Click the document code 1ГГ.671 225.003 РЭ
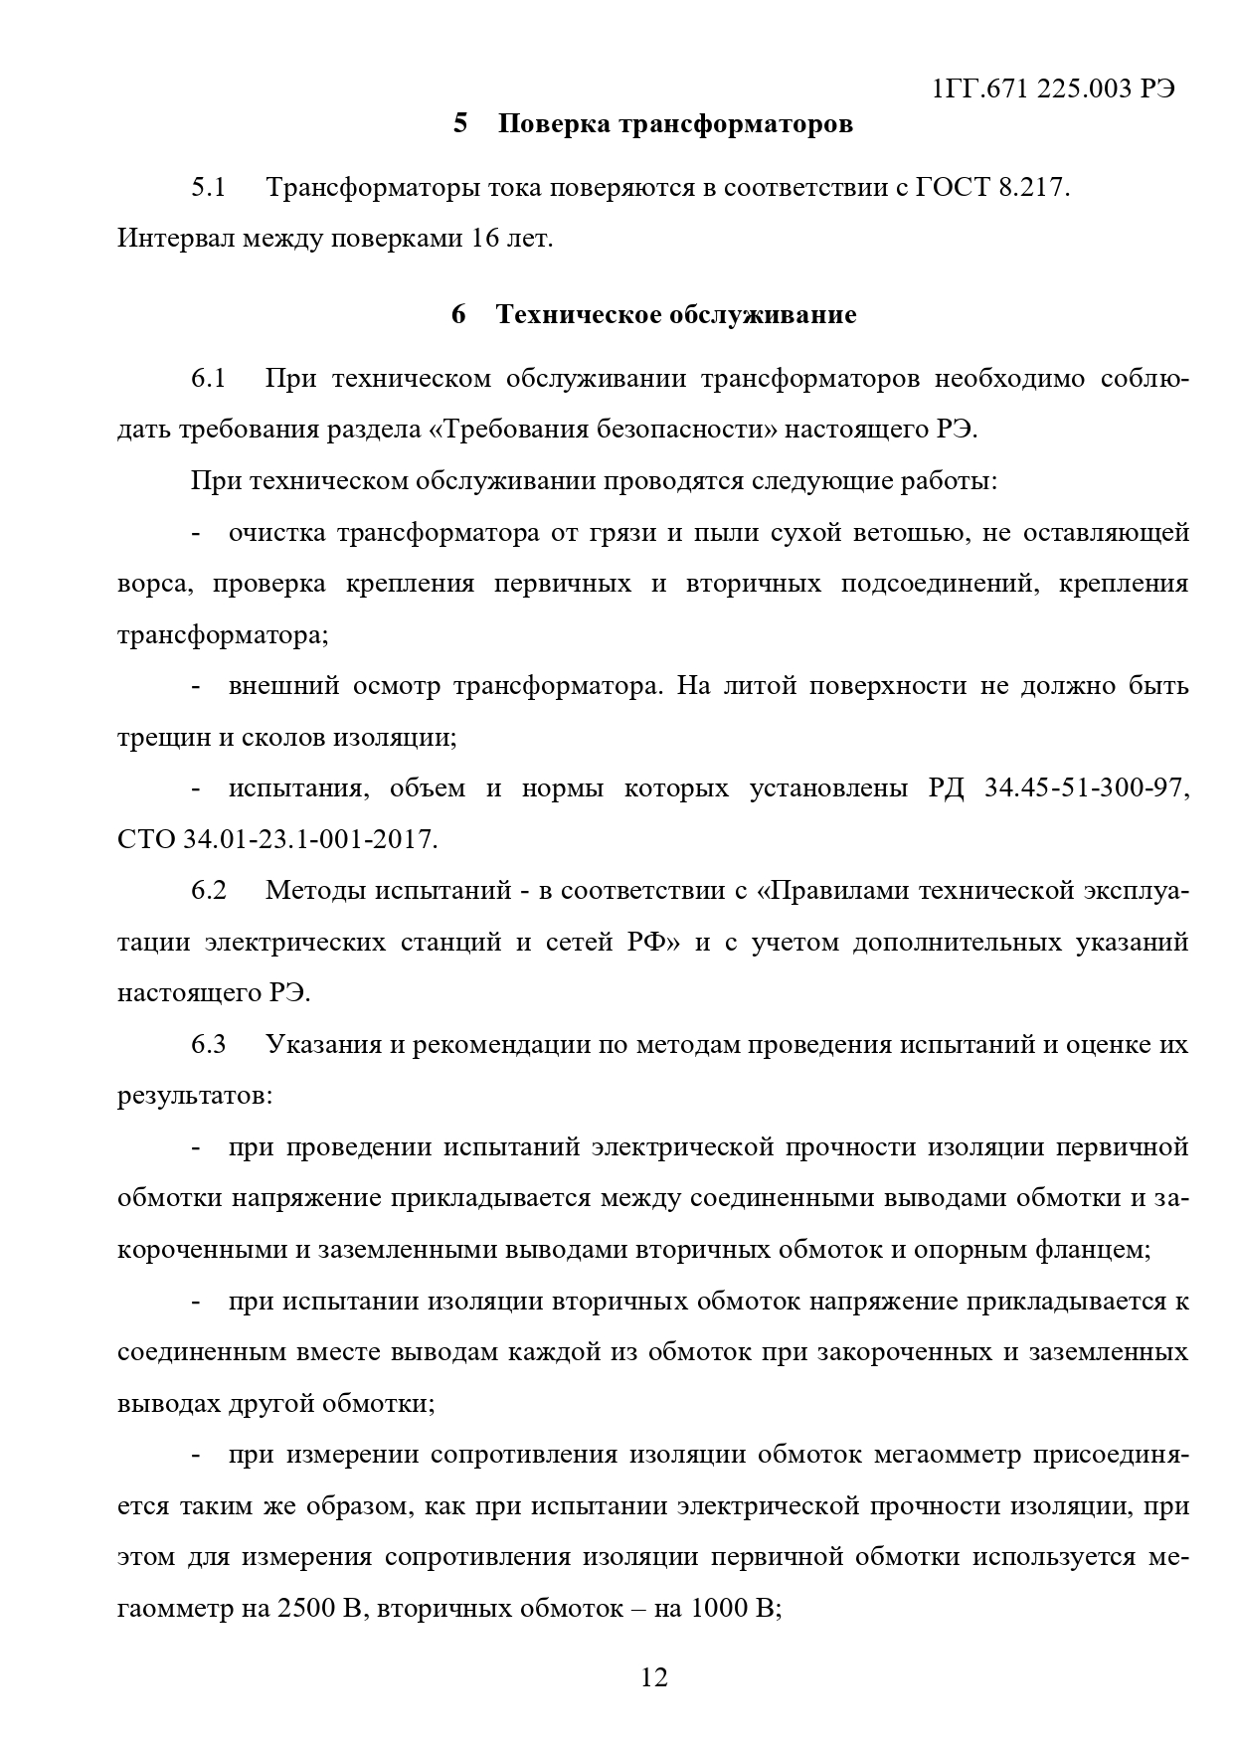click(x=1054, y=88)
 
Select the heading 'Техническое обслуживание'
click(x=675, y=315)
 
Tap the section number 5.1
click(x=209, y=188)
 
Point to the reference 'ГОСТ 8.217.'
click(x=990, y=188)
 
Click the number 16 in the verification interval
click(x=473, y=240)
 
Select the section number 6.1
click(x=209, y=379)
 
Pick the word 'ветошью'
click(x=908, y=533)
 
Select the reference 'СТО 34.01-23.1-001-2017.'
click(x=277, y=840)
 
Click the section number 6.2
click(x=209, y=891)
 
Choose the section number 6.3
click(x=209, y=1045)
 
